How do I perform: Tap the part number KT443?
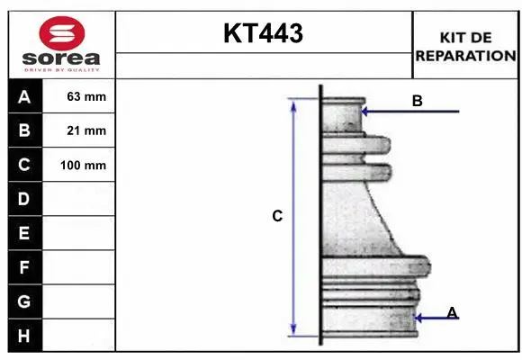[263, 34]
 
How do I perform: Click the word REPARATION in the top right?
[465, 55]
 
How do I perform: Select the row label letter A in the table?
[24, 96]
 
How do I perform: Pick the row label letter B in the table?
[24, 130]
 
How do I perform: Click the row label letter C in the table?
[24, 165]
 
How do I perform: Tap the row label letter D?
[24, 198]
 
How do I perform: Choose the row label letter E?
[24, 233]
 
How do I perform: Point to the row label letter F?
[24, 267]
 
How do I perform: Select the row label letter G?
[24, 301]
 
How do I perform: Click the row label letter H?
[24, 336]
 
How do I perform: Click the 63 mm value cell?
[86, 96]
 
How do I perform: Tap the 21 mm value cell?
[86, 130]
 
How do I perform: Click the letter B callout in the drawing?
[417, 101]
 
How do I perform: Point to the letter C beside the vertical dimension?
[277, 216]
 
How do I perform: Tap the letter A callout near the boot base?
[452, 312]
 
